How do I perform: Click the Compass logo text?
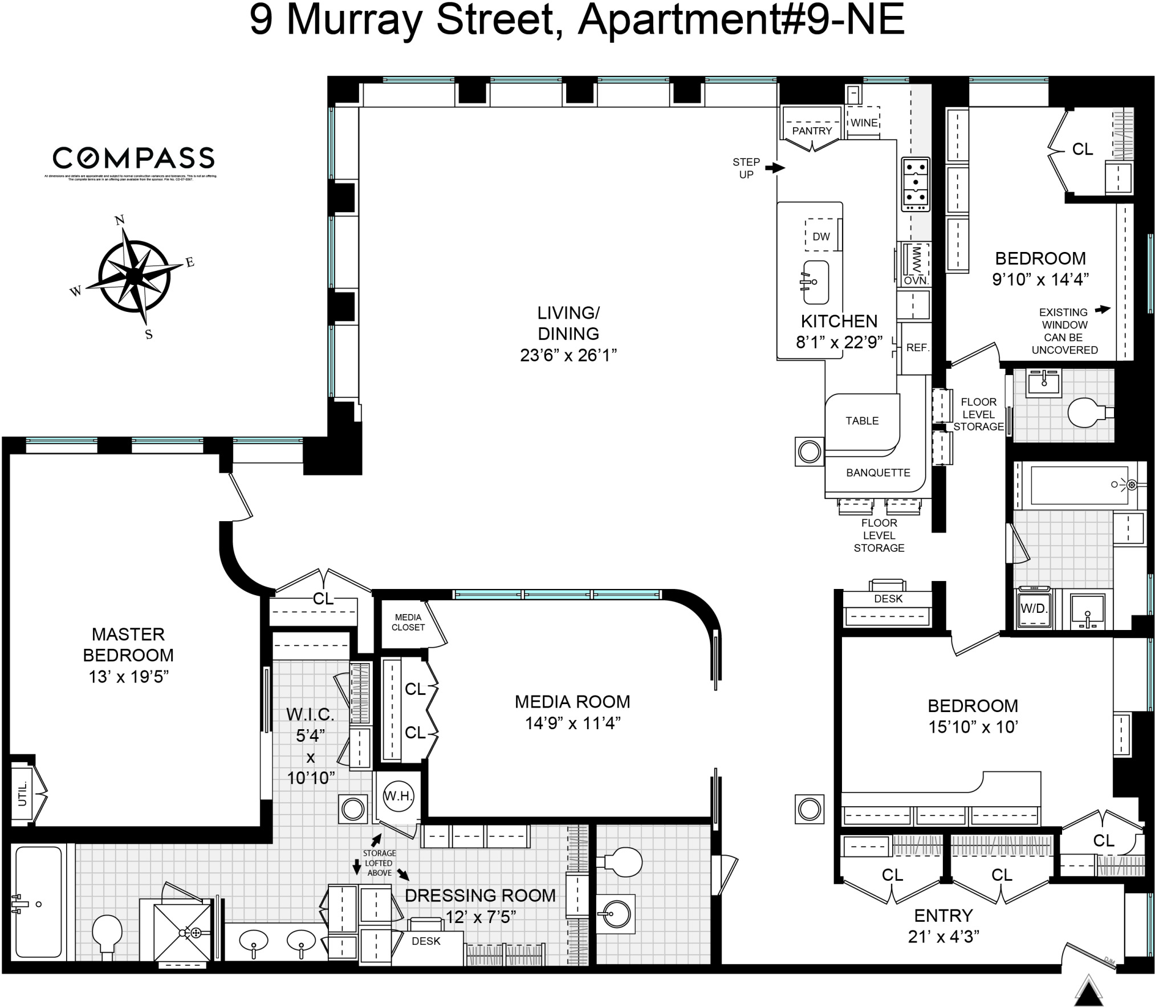point(133,158)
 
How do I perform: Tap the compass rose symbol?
point(135,275)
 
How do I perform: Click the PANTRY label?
point(811,131)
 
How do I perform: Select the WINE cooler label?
point(864,123)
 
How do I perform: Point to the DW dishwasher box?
point(821,236)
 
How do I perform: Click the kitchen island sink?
point(815,282)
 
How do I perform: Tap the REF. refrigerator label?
point(917,348)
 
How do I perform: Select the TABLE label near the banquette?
point(861,421)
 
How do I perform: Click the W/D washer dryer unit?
point(1034,608)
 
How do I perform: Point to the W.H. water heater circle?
point(398,796)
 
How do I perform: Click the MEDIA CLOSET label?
point(408,622)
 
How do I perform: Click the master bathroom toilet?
point(107,931)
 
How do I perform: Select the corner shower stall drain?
point(196,933)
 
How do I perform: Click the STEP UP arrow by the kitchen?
point(774,168)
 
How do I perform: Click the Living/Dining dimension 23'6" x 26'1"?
point(568,355)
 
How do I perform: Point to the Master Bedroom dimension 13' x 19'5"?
point(129,677)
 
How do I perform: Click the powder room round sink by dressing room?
point(616,914)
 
